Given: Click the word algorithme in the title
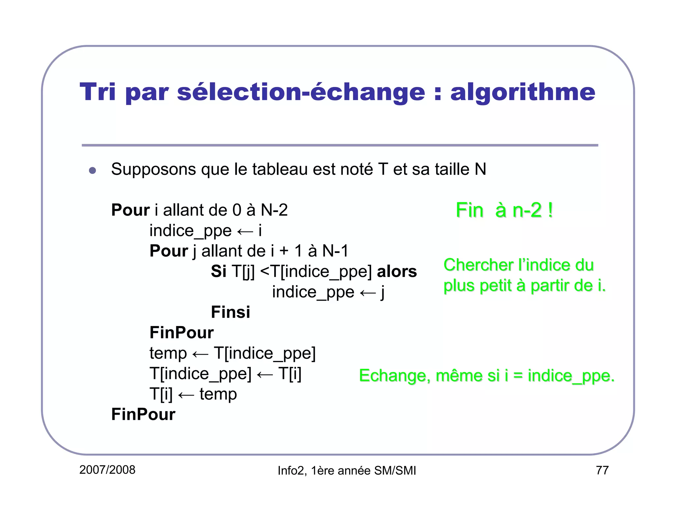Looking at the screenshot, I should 523,93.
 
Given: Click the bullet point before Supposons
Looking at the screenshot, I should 93,170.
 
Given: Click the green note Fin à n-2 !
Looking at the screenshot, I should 504,210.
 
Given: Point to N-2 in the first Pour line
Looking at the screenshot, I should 274,210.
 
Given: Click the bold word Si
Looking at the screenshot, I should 218,271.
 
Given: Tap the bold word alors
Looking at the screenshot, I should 396,271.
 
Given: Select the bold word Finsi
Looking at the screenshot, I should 230,312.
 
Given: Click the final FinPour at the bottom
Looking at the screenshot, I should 143,414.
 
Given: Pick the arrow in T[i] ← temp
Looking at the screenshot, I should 186,395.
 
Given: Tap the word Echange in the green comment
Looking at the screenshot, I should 395,376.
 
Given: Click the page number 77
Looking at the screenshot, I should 602,470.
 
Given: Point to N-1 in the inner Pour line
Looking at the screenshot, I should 335,251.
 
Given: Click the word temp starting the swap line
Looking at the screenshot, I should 168,354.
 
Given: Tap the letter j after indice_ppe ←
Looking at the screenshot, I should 382,292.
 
